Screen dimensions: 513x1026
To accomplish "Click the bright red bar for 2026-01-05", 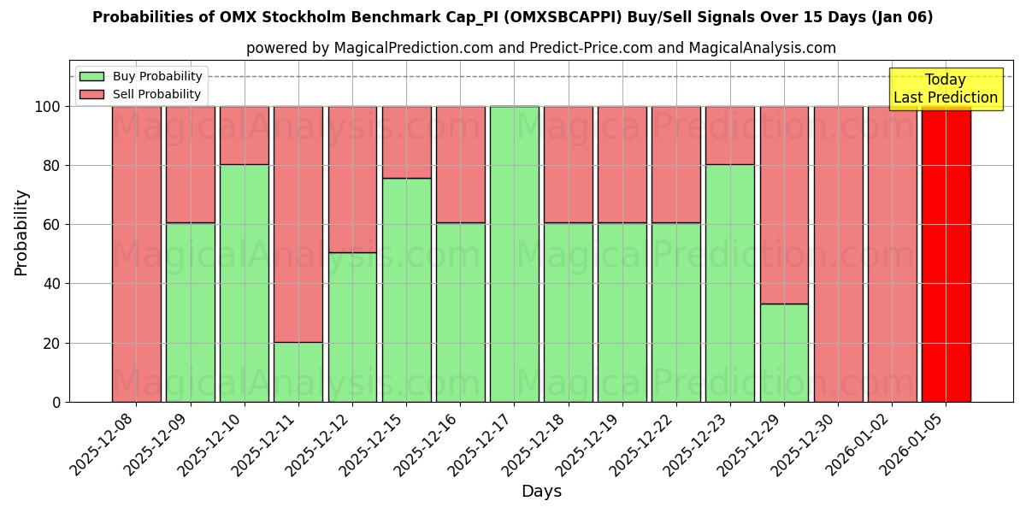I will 946,256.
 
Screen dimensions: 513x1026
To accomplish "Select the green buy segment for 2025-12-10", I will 244,282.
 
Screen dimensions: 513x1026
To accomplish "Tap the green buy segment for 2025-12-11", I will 298,372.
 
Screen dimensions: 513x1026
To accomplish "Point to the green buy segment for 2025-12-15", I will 406,291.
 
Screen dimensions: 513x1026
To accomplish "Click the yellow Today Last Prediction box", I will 945,89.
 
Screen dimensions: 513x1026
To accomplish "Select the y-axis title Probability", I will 21,232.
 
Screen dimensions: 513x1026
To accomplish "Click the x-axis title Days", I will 541,492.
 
